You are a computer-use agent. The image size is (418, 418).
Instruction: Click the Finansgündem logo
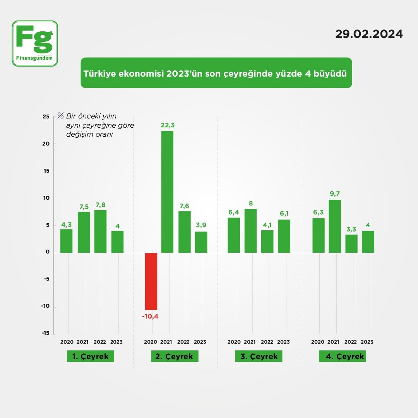(x=35, y=43)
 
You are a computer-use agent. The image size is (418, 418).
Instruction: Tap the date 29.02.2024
(x=369, y=34)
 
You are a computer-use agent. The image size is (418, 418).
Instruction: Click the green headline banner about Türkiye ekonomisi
(x=216, y=73)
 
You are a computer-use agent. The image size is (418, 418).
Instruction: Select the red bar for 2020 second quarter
(x=151, y=281)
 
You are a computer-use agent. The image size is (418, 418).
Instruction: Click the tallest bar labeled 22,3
(x=167, y=192)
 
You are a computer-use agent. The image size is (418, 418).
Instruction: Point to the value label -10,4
(x=150, y=316)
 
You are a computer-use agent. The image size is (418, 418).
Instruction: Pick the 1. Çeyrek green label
(x=91, y=356)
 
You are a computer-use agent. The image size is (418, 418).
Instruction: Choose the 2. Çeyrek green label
(x=175, y=356)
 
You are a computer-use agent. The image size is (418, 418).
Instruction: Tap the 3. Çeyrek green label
(x=259, y=356)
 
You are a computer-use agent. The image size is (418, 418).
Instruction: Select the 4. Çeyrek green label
(x=342, y=356)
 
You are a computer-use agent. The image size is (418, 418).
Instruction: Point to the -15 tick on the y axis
(x=45, y=333)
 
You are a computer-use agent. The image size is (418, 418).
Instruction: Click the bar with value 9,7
(x=335, y=226)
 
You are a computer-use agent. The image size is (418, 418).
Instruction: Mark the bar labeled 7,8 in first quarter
(x=100, y=231)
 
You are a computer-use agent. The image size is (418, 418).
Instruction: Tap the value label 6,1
(x=284, y=213)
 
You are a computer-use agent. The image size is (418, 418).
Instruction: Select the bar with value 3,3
(x=351, y=243)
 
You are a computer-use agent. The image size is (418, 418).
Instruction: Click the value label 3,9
(x=201, y=225)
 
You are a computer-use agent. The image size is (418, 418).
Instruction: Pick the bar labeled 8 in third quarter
(x=250, y=231)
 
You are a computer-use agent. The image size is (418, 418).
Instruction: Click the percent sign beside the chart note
(x=60, y=115)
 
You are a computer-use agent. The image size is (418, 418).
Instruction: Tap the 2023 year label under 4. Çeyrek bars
(x=367, y=342)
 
